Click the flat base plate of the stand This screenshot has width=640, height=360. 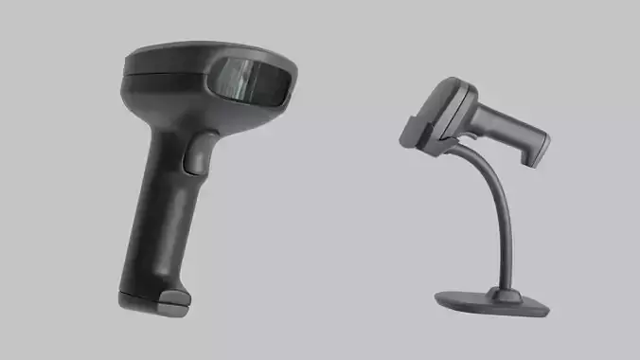point(492,301)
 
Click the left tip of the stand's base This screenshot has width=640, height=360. point(439,301)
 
